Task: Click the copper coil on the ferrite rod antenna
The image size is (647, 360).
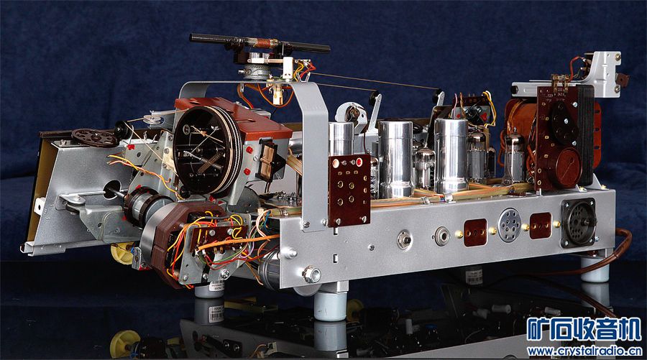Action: click(267, 43)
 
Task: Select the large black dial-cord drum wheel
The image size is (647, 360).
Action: click(207, 150)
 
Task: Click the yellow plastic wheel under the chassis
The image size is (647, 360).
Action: click(121, 253)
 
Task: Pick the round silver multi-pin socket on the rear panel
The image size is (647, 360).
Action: click(509, 224)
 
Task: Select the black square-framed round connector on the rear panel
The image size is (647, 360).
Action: click(578, 222)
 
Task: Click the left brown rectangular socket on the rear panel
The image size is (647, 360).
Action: click(475, 233)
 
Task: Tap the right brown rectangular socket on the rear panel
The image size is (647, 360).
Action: click(540, 226)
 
